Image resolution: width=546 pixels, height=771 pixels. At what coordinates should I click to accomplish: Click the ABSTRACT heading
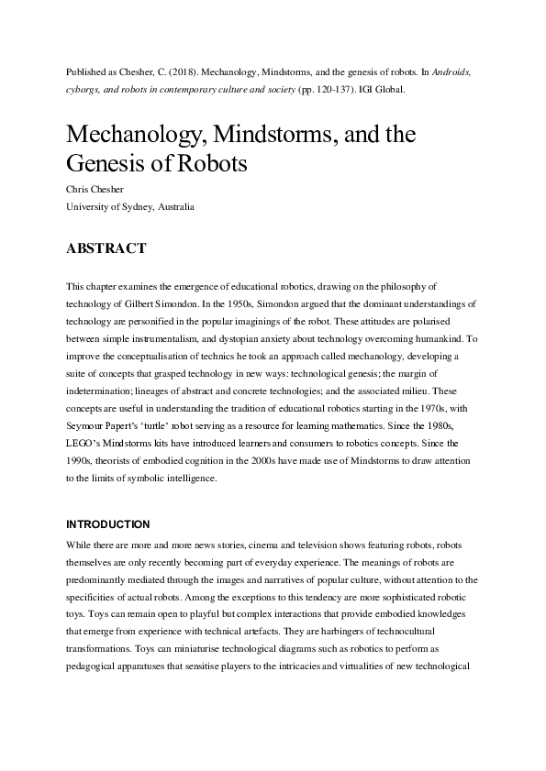coord(106,248)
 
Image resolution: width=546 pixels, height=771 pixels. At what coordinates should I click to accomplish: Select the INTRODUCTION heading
coord(107,524)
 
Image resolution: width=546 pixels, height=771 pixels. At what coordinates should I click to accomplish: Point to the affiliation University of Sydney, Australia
coord(130,207)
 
